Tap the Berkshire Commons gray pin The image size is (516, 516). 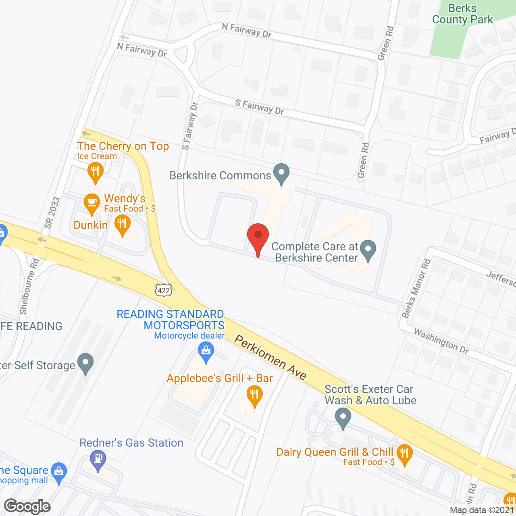pyautogui.click(x=281, y=173)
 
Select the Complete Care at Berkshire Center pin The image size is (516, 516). pyautogui.click(x=368, y=250)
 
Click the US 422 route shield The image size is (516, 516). pyautogui.click(x=164, y=290)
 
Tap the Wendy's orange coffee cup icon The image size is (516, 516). pyautogui.click(x=92, y=203)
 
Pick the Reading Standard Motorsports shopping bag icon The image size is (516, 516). pyautogui.click(x=206, y=352)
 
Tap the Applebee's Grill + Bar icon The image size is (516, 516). pyautogui.click(x=254, y=395)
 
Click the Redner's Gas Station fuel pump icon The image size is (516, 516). pyautogui.click(x=98, y=460)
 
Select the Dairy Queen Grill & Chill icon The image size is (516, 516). pyautogui.click(x=404, y=454)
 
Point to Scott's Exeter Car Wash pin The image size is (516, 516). pyautogui.click(x=343, y=418)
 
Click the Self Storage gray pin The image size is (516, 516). pyautogui.click(x=85, y=363)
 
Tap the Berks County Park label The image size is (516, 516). pyautogui.click(x=462, y=14)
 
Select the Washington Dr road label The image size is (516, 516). pyautogui.click(x=441, y=341)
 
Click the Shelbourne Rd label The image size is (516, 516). pyautogui.click(x=29, y=286)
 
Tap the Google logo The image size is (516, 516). pyautogui.click(x=27, y=506)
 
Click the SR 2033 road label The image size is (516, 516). pyautogui.click(x=52, y=213)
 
